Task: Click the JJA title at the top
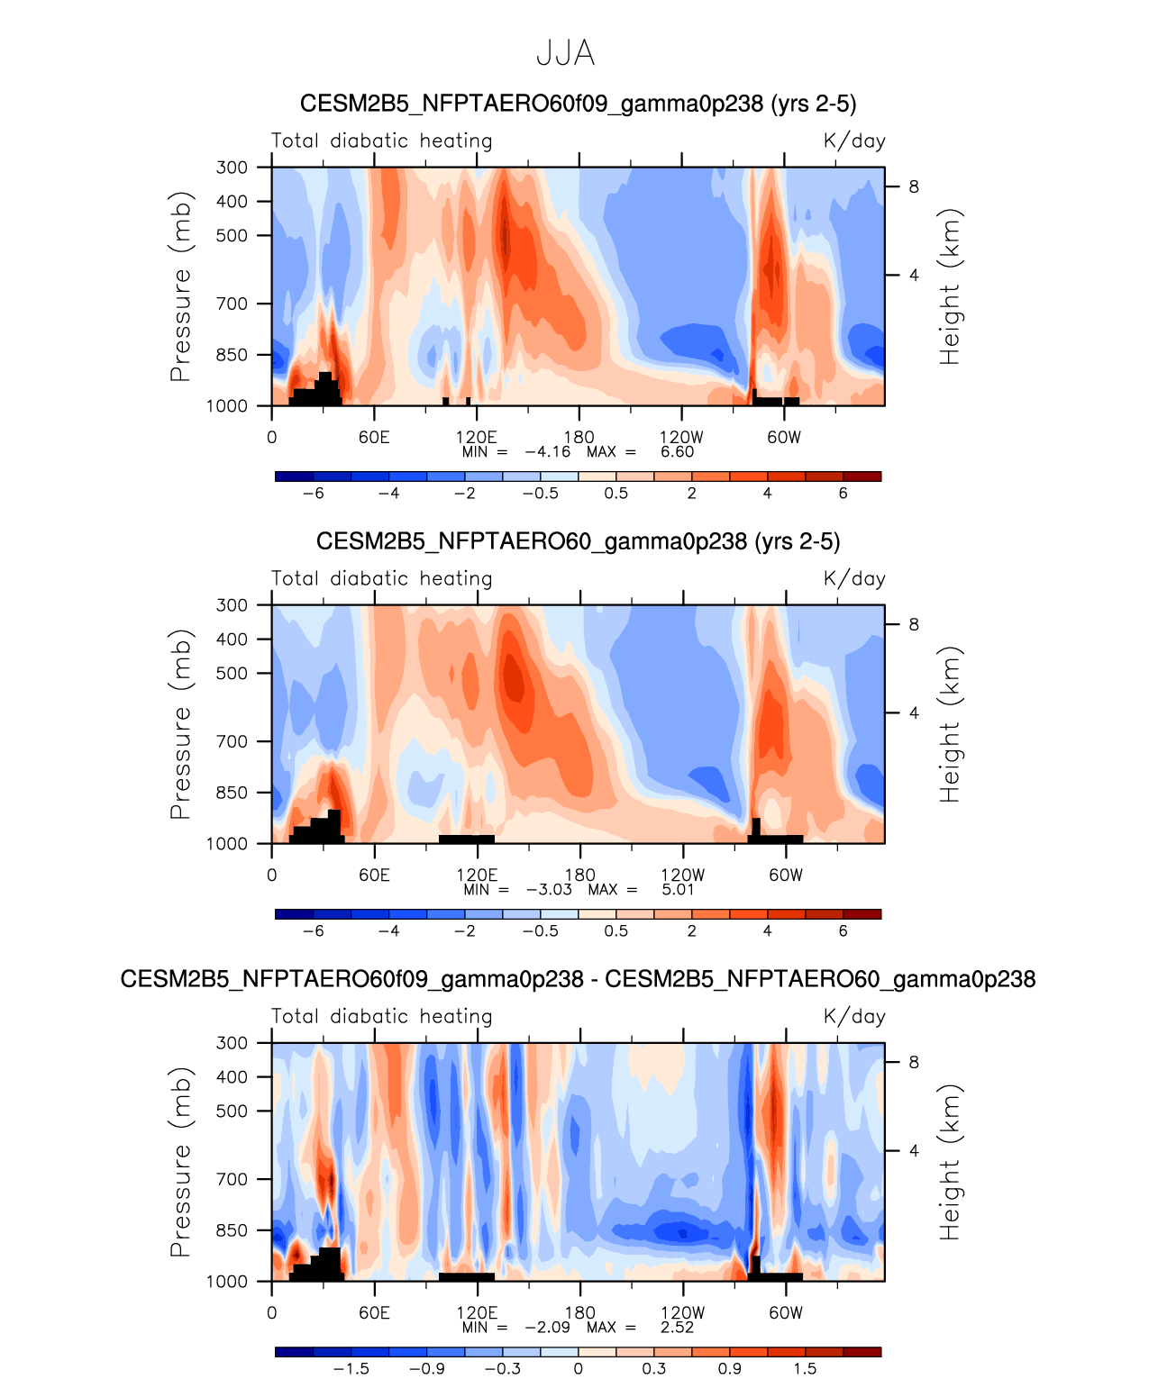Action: tap(565, 53)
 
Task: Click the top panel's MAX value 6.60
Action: tap(677, 451)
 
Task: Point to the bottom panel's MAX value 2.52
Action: tap(677, 1327)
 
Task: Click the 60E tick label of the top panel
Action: tap(374, 438)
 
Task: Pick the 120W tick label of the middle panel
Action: tap(682, 875)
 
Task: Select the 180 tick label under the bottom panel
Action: tap(579, 1312)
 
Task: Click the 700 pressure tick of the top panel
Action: tap(232, 304)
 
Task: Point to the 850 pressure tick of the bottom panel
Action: tap(232, 1229)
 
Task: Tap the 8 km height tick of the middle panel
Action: tap(914, 624)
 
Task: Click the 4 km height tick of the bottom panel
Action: tap(914, 1150)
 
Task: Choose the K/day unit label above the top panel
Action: tap(854, 141)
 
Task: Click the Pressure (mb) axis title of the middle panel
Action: tap(180, 724)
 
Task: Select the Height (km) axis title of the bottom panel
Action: tap(950, 1162)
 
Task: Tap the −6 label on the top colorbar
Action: tap(313, 494)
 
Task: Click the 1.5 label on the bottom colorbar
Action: tap(805, 1369)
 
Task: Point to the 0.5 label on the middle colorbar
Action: tap(616, 931)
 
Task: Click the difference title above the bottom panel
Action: tap(578, 979)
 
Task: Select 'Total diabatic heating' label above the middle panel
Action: tap(382, 578)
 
